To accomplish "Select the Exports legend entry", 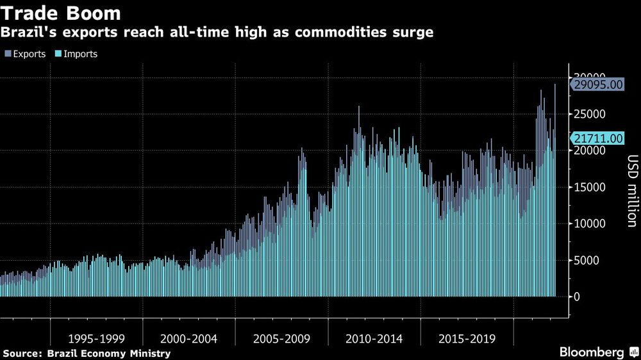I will [x=25, y=54].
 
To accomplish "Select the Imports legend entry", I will [x=77, y=54].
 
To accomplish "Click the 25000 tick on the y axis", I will [x=590, y=114].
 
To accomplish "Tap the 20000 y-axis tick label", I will [x=590, y=151].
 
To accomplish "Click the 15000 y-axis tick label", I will [x=590, y=187].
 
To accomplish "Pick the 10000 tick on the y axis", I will [x=590, y=224].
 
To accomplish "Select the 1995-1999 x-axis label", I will [x=96, y=338].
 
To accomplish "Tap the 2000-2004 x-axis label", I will [x=188, y=338].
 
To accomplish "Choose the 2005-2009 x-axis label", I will [x=281, y=338].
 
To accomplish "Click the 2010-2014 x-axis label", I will [x=374, y=338].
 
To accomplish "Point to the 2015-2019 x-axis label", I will [x=467, y=338].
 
